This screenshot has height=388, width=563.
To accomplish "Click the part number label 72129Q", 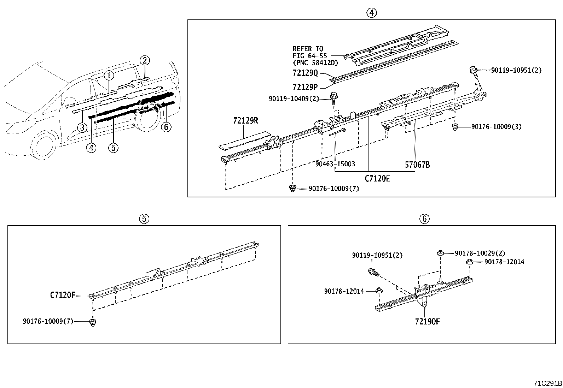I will click(x=305, y=73).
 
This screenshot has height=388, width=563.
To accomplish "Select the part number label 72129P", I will click(x=305, y=86).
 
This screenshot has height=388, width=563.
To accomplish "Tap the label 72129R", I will click(x=245, y=121).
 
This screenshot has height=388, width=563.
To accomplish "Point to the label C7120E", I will click(x=377, y=179).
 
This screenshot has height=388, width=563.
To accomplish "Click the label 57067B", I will click(x=417, y=165).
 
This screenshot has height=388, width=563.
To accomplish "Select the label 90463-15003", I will click(x=335, y=164).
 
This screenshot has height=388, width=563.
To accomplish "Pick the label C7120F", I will click(x=63, y=295).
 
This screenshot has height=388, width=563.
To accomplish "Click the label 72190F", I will click(x=427, y=322).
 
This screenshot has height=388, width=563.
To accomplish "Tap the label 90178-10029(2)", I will click(x=480, y=253).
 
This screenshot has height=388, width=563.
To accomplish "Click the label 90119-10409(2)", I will click(x=294, y=99).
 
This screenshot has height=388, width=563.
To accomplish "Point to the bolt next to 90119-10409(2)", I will click(x=333, y=97).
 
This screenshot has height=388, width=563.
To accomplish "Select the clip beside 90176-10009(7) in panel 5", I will click(x=93, y=322).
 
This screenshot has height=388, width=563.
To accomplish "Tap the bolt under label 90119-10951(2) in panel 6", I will click(x=373, y=272).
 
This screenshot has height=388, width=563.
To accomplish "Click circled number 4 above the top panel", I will click(x=371, y=13).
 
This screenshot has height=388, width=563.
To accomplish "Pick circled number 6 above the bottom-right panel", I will click(x=424, y=219).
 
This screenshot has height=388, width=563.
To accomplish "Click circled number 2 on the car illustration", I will click(x=145, y=61).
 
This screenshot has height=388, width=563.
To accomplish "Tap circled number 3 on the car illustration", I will click(x=82, y=127).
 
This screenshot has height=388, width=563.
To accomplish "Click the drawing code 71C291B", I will click(x=548, y=383).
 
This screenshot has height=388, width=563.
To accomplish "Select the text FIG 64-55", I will click(x=310, y=56).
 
